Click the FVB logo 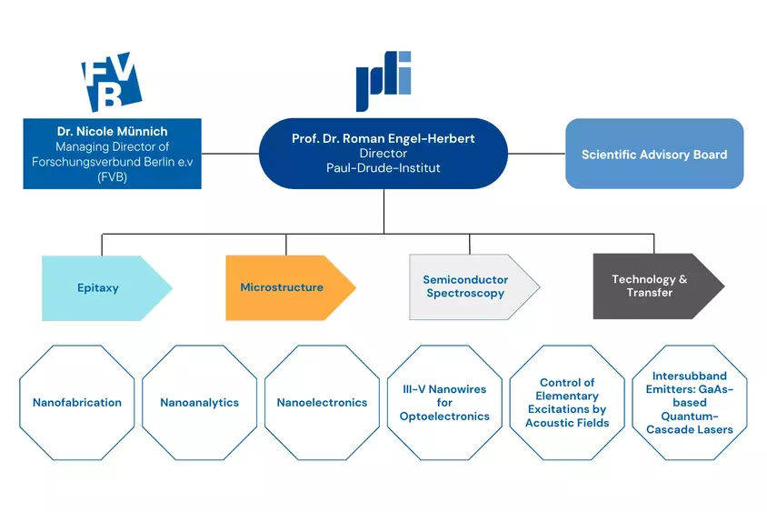pyautogui.click(x=112, y=81)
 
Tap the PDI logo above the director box pyautogui.click(x=383, y=81)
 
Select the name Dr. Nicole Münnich pyautogui.click(x=112, y=131)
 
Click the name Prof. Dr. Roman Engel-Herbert pyautogui.click(x=383, y=138)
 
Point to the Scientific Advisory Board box pyautogui.click(x=654, y=154)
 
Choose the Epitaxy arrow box pyautogui.click(x=106, y=287)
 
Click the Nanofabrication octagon pyautogui.click(x=77, y=402)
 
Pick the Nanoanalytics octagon pyautogui.click(x=200, y=402)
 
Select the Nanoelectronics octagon pyautogui.click(x=322, y=402)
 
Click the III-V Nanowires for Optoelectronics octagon pyautogui.click(x=444, y=402)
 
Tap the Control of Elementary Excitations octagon pyautogui.click(x=567, y=402)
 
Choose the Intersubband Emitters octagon pyautogui.click(x=690, y=402)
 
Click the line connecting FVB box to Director pyautogui.click(x=230, y=154)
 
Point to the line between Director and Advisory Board pyautogui.click(x=536, y=154)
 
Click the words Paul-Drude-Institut pyautogui.click(x=383, y=168)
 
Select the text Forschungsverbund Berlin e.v pyautogui.click(x=112, y=162)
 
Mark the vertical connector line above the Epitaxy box pyautogui.click(x=102, y=245)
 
